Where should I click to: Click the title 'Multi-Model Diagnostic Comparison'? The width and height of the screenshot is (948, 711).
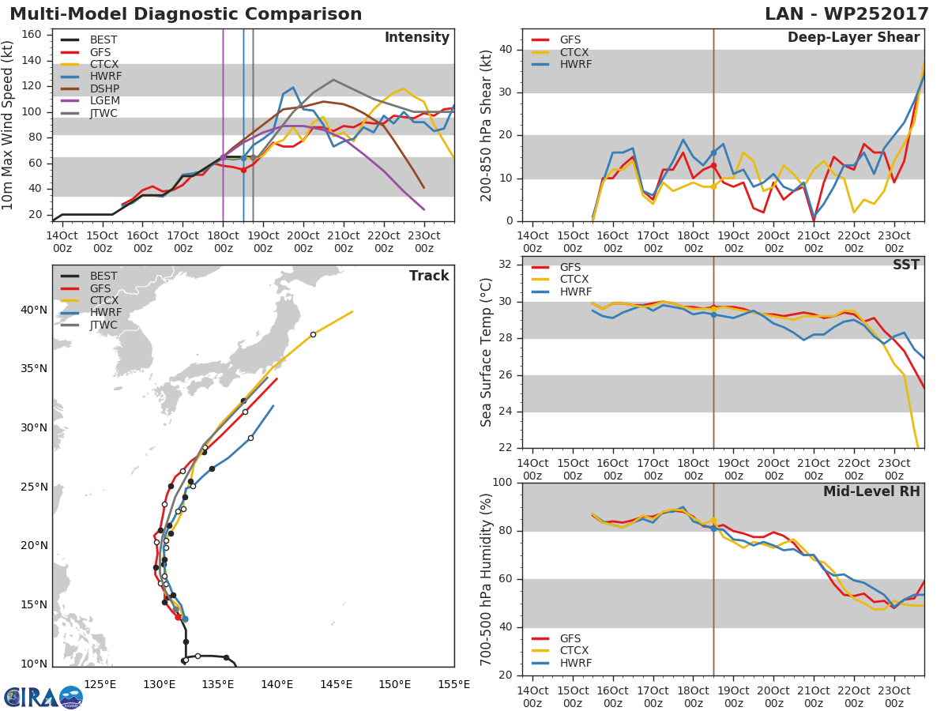[186, 14]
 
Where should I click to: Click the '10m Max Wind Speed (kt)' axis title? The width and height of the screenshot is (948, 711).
[9, 125]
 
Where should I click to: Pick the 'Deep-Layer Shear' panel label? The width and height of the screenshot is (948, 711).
[853, 38]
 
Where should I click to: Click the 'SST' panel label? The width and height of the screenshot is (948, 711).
[905, 265]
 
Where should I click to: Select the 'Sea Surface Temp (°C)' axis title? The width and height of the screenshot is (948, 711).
[487, 352]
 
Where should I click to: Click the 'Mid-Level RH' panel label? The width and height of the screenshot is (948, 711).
[871, 491]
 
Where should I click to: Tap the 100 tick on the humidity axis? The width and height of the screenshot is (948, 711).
[502, 483]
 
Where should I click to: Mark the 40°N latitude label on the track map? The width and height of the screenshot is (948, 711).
[34, 310]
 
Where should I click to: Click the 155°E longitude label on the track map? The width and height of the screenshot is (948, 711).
[454, 684]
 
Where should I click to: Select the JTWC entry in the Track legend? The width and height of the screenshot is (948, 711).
[103, 325]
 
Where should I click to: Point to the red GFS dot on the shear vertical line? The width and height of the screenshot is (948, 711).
[713, 165]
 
